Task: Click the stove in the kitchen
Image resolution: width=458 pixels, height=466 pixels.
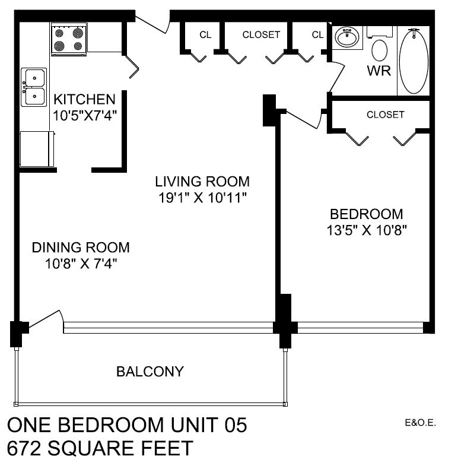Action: click(x=69, y=39)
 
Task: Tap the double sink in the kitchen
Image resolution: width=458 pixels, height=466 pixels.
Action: click(x=34, y=87)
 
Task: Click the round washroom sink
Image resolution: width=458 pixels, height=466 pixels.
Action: click(x=347, y=39)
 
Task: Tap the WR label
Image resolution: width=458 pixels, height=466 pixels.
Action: click(x=379, y=71)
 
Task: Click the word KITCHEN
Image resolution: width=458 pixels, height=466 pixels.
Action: click(x=84, y=99)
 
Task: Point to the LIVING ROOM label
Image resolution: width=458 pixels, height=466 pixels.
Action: click(x=202, y=181)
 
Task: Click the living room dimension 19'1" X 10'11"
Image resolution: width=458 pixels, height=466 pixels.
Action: click(x=202, y=198)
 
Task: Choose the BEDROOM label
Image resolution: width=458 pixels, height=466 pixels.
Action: click(x=366, y=214)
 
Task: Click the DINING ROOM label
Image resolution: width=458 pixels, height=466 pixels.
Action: click(x=81, y=247)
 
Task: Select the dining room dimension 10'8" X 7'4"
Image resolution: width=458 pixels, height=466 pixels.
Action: click(x=81, y=264)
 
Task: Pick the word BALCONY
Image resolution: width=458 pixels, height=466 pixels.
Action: click(x=150, y=372)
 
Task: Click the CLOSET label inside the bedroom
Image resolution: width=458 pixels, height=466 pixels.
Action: click(x=385, y=115)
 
